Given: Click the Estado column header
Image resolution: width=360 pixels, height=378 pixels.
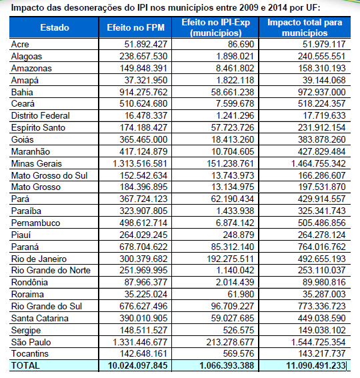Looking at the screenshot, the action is [x=55, y=27].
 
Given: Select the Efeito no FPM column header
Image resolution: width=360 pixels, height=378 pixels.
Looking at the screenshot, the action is [x=136, y=27].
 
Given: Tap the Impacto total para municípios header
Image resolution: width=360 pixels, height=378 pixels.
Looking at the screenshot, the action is [x=305, y=27].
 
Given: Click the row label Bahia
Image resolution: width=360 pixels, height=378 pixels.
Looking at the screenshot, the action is [x=22, y=92].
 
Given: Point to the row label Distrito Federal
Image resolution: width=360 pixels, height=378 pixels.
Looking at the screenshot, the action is [x=41, y=115].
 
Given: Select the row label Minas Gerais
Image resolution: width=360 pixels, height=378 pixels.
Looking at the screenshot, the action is [x=37, y=163].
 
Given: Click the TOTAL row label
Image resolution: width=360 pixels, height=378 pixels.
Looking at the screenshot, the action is [x=25, y=365].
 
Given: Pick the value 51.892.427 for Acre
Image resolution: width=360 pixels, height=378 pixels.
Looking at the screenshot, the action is [x=146, y=44].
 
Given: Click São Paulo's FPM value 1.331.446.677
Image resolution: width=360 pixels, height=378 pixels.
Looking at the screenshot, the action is [x=140, y=342].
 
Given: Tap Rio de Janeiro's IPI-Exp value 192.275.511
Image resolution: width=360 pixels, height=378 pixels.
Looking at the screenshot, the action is [x=231, y=259].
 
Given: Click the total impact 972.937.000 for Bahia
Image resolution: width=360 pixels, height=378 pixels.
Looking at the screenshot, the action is [x=322, y=92].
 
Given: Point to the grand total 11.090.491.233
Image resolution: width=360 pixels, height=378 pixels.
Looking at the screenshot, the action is [x=316, y=365].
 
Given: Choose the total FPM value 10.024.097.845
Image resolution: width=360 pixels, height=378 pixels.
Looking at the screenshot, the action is [x=138, y=365].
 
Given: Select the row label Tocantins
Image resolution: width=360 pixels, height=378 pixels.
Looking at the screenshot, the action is [x=30, y=353].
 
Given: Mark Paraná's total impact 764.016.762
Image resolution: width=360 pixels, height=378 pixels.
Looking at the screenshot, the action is [x=322, y=247].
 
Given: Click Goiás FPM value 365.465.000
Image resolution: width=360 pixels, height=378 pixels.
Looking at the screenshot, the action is [x=143, y=139].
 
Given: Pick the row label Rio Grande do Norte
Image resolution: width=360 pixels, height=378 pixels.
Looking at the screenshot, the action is [x=51, y=270].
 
